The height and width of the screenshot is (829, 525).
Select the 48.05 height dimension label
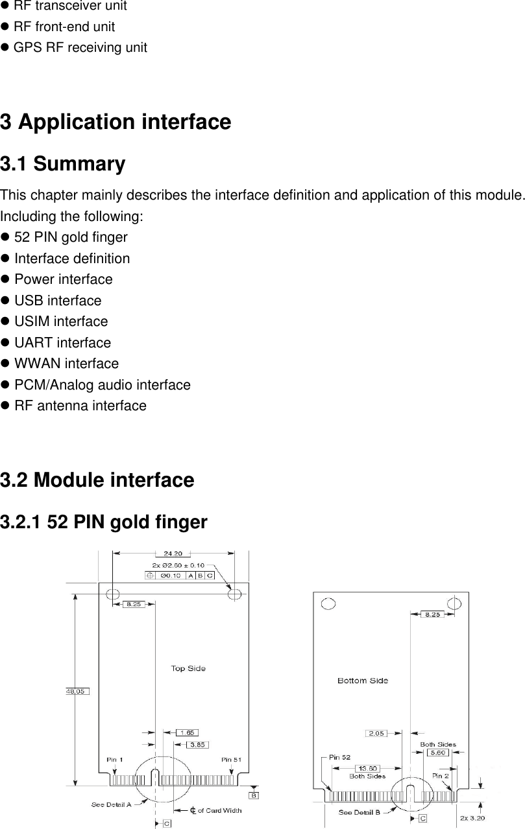coord(76,692)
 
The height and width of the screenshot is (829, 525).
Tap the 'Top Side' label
coord(188,668)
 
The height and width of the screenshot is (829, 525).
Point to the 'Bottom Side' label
coord(363,681)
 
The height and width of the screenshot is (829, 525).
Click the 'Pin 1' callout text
coord(116,760)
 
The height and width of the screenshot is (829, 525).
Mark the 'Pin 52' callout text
coord(340,757)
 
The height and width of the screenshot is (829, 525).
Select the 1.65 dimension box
coord(187,732)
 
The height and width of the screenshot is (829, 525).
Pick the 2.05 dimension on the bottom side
coord(376,733)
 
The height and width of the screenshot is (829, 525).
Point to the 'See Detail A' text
coord(111,804)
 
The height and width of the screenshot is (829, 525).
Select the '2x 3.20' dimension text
coord(472,818)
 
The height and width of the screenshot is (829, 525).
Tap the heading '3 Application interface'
coord(116,122)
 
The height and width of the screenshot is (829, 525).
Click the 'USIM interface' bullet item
coord(61,321)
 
